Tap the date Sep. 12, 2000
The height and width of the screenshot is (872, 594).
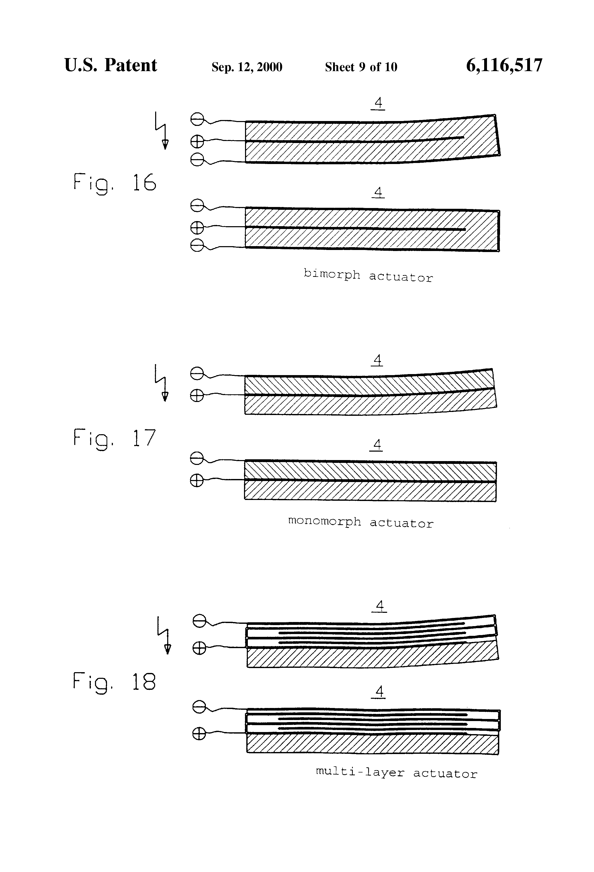point(247,67)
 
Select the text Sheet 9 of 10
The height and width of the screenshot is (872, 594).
point(361,67)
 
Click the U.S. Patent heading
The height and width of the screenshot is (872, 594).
point(110,65)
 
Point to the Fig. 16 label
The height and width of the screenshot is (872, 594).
point(114,183)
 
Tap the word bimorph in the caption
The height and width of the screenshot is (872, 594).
point(332,274)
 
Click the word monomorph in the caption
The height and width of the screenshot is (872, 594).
point(324,521)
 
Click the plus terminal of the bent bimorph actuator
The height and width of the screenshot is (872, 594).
point(197,141)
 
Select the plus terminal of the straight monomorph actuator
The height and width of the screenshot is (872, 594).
point(197,480)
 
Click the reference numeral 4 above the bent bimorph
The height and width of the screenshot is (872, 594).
point(378,102)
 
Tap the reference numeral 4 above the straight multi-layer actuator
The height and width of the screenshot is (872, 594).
point(380,691)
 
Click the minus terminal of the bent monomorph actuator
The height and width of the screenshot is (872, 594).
point(197,373)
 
